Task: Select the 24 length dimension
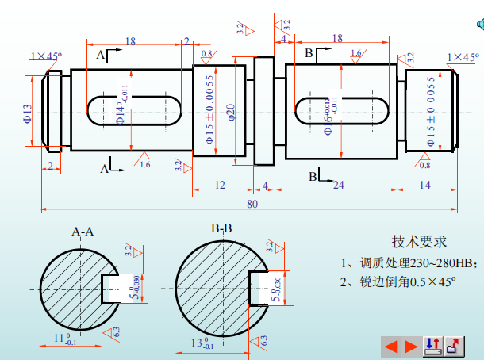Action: pyautogui.click(x=338, y=185)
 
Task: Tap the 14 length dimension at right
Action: pyautogui.click(x=424, y=185)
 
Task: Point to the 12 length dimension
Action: pyautogui.click(x=220, y=185)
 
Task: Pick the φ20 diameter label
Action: pyautogui.click(x=232, y=113)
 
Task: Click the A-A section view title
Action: pyautogui.click(x=83, y=232)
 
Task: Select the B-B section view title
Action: pyautogui.click(x=221, y=228)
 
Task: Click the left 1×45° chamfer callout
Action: pyautogui.click(x=47, y=56)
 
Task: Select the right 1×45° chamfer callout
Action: pyautogui.click(x=464, y=56)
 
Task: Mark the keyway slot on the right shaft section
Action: pyautogui.click(x=341, y=111)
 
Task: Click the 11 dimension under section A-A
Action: pyautogui.click(x=68, y=340)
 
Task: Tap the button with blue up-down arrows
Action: pyautogui.click(x=433, y=345)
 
